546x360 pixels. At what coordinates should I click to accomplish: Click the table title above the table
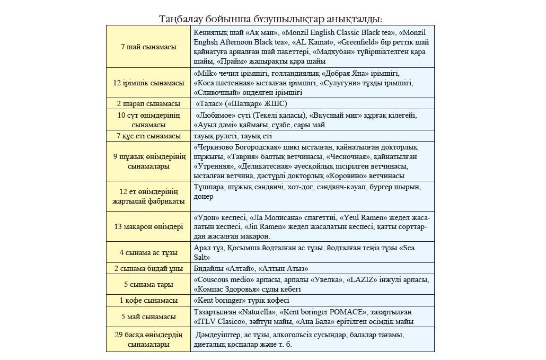click(x=271, y=19)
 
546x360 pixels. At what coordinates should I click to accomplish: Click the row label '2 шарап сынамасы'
click(x=148, y=104)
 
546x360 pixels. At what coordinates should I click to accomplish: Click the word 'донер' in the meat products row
click(x=204, y=196)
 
